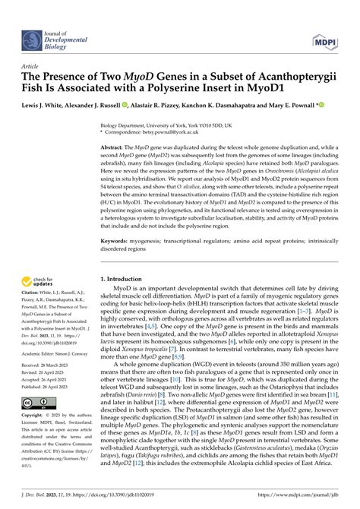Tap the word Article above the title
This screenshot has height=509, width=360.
33,66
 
